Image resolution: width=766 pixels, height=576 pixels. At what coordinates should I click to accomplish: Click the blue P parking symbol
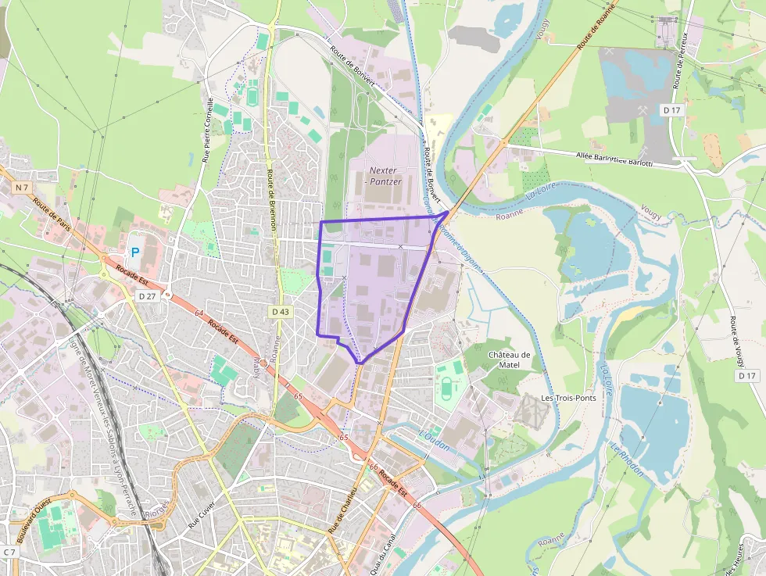coord(134,252)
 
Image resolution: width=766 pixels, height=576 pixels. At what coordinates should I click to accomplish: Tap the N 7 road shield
coord(22,188)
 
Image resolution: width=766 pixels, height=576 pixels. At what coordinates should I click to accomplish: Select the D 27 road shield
coord(147,296)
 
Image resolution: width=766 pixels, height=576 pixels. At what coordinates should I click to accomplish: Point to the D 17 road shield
coord(672,110)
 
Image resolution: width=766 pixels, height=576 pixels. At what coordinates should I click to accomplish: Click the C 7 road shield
coord(9,552)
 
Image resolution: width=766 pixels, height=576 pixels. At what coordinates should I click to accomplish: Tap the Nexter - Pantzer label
coord(385,176)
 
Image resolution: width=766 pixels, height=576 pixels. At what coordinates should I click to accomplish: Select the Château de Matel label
coord(509,360)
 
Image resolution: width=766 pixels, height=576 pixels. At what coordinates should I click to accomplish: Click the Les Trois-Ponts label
coord(568,398)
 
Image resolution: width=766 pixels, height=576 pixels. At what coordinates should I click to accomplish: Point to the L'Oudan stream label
coord(435,442)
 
